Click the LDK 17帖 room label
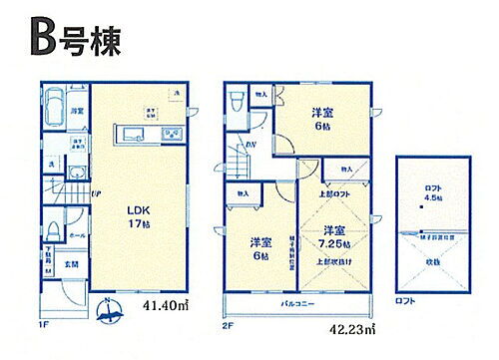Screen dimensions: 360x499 [x=137, y=216]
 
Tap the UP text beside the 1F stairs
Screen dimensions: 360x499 [x=96, y=192]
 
